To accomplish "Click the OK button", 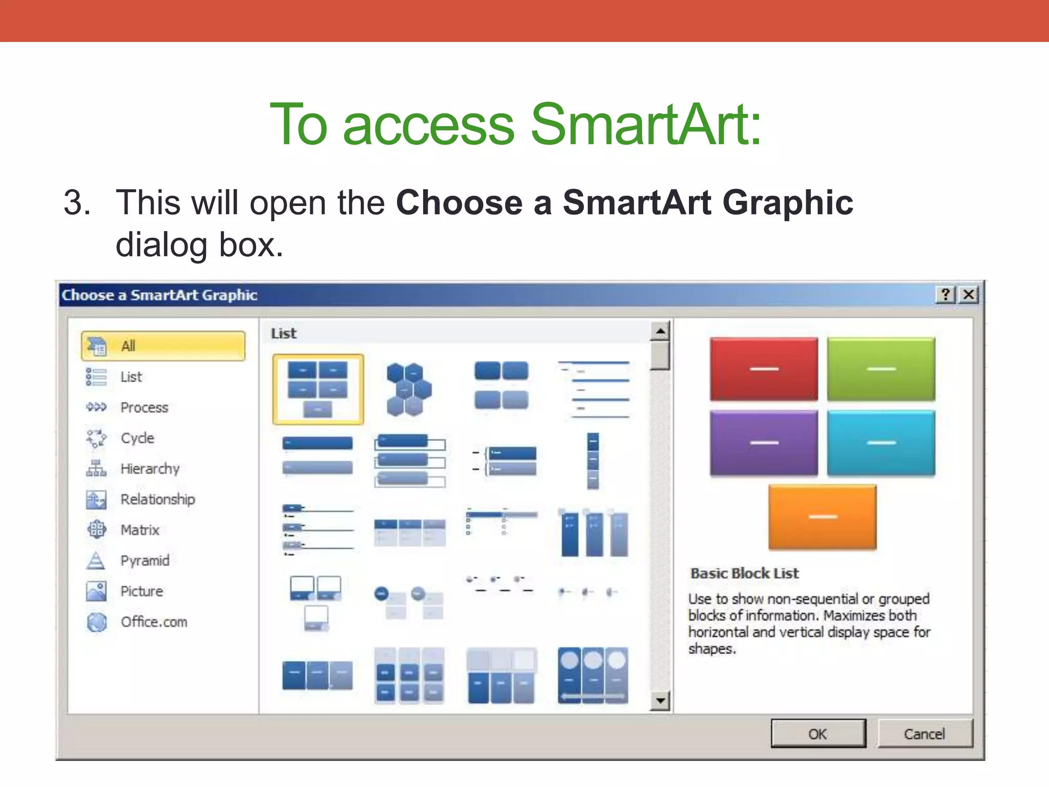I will tap(818, 734).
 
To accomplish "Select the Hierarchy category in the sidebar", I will tap(150, 468).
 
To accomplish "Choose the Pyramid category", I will tap(144, 561).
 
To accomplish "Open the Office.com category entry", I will tap(154, 622).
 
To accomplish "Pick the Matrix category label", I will tap(140, 530).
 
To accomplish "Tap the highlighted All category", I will tap(163, 346).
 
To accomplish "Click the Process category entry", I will tap(144, 407).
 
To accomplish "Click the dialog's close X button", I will tap(968, 295).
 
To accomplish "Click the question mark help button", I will tap(946, 295).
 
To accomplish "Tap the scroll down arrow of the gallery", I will tap(660, 700).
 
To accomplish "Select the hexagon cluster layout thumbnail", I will tap(408, 389).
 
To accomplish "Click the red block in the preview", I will tap(764, 369).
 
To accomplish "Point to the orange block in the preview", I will tap(822, 516).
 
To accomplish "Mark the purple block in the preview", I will tap(764, 443).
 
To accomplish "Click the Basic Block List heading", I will tap(744, 573).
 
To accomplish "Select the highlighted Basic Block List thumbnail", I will tap(318, 389).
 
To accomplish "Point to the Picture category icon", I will tap(96, 591).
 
